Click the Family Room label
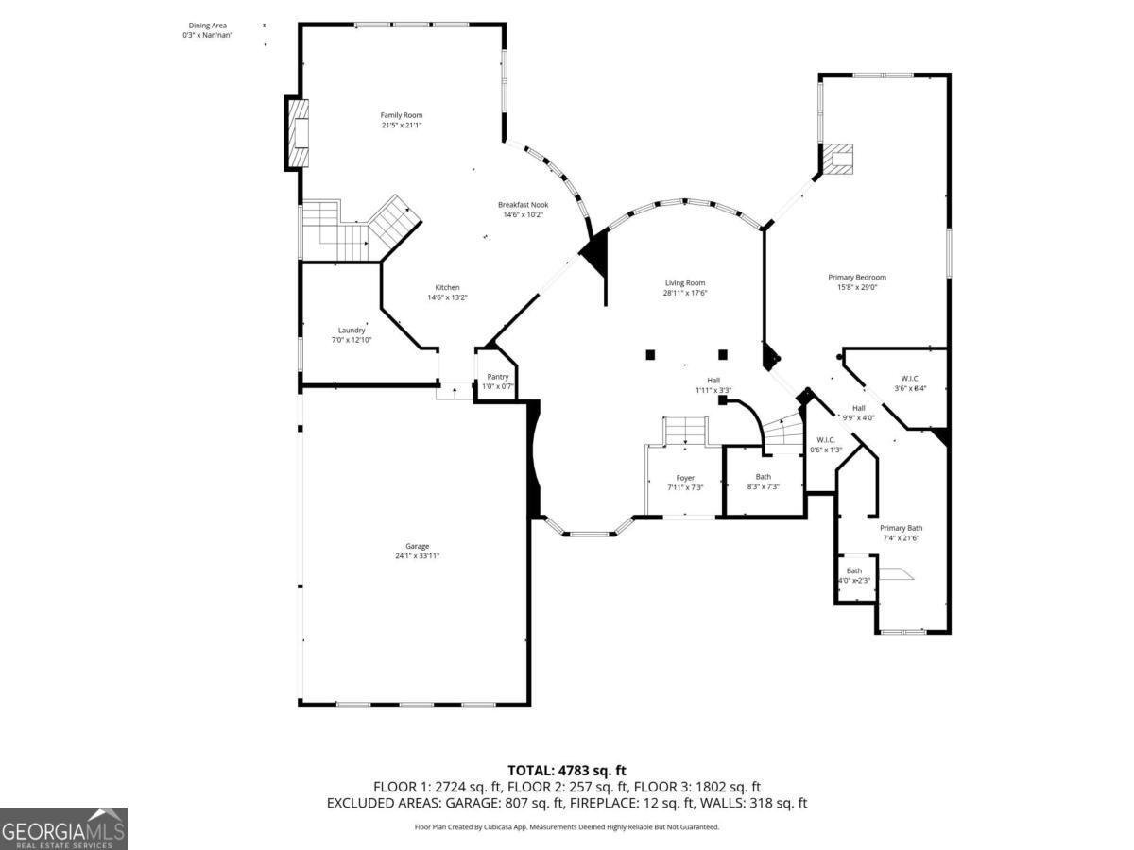click(401, 115)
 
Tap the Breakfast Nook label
click(523, 205)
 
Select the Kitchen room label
click(447, 288)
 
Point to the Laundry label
click(352, 330)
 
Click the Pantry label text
click(498, 376)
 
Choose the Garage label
click(418, 546)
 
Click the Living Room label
click(685, 282)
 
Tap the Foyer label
click(685, 478)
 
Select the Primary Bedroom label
click(857, 277)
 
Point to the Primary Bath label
click(901, 528)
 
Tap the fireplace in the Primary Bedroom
click(837, 159)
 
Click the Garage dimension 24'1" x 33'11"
click(418, 556)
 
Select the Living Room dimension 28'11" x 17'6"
click(685, 293)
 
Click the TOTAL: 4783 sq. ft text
click(567, 771)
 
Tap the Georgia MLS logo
click(63, 828)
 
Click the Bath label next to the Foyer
click(763, 477)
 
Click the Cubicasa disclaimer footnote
click(567, 826)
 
